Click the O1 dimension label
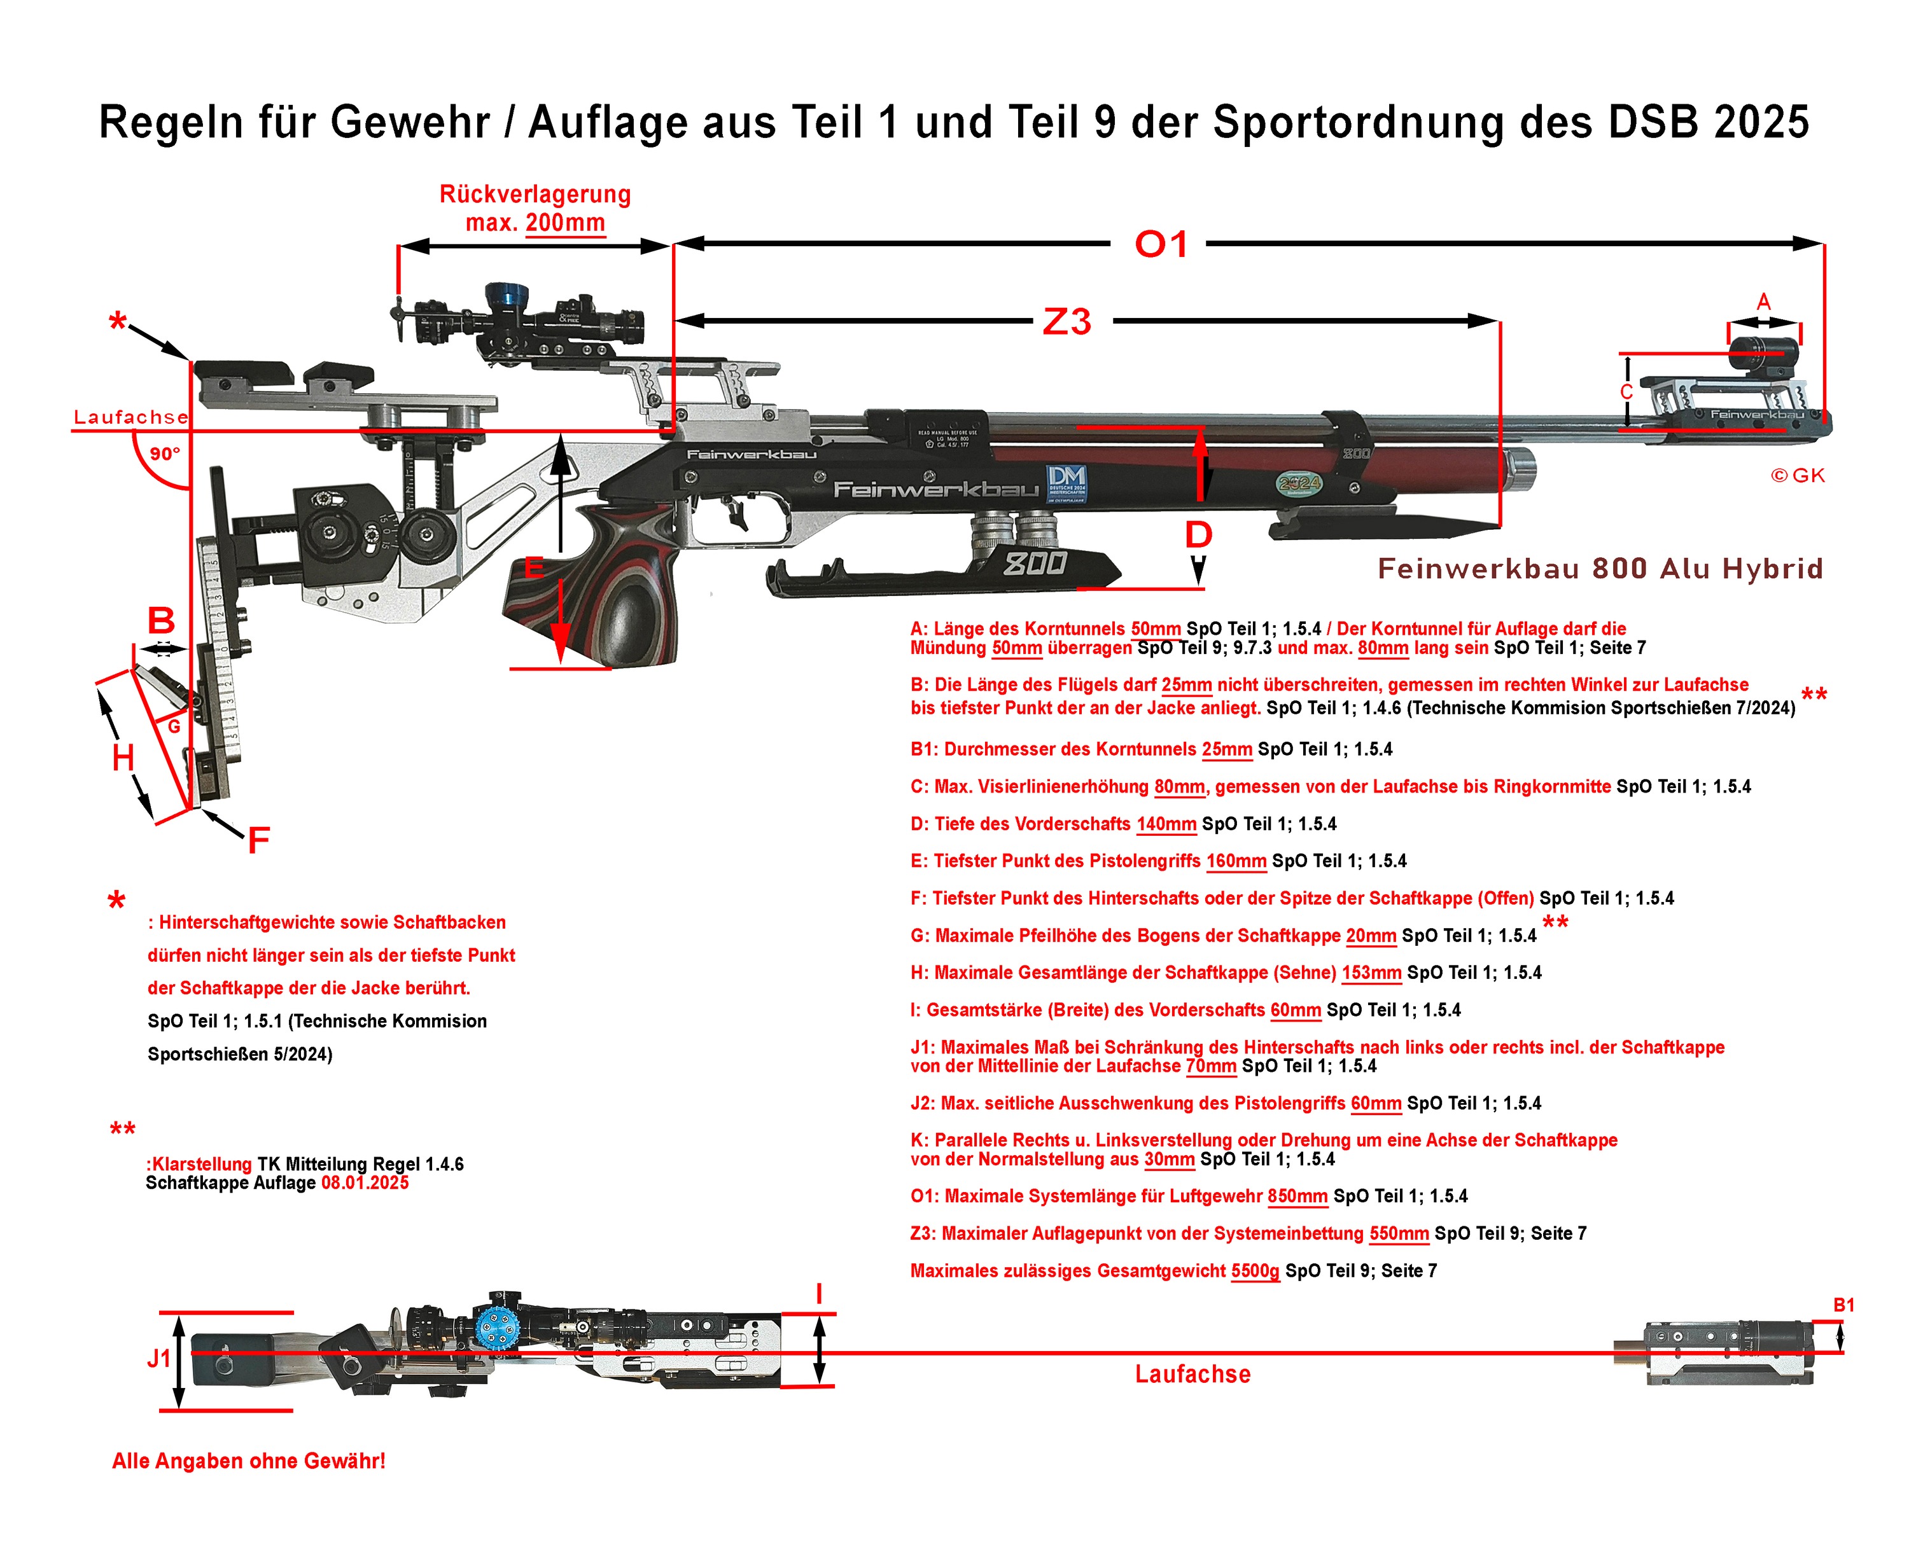click(x=1161, y=244)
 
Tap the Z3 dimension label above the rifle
click(x=1066, y=322)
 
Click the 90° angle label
click(x=164, y=454)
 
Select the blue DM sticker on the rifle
click(x=1066, y=484)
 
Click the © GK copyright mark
click(x=1797, y=476)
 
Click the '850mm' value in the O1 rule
click(x=1297, y=1196)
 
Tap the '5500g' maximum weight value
click(x=1255, y=1271)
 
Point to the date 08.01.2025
click(x=365, y=1183)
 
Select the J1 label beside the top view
click(x=158, y=1358)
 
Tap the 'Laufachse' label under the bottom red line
click(x=1192, y=1374)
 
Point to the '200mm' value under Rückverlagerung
click(x=565, y=222)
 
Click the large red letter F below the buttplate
click(x=258, y=840)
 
